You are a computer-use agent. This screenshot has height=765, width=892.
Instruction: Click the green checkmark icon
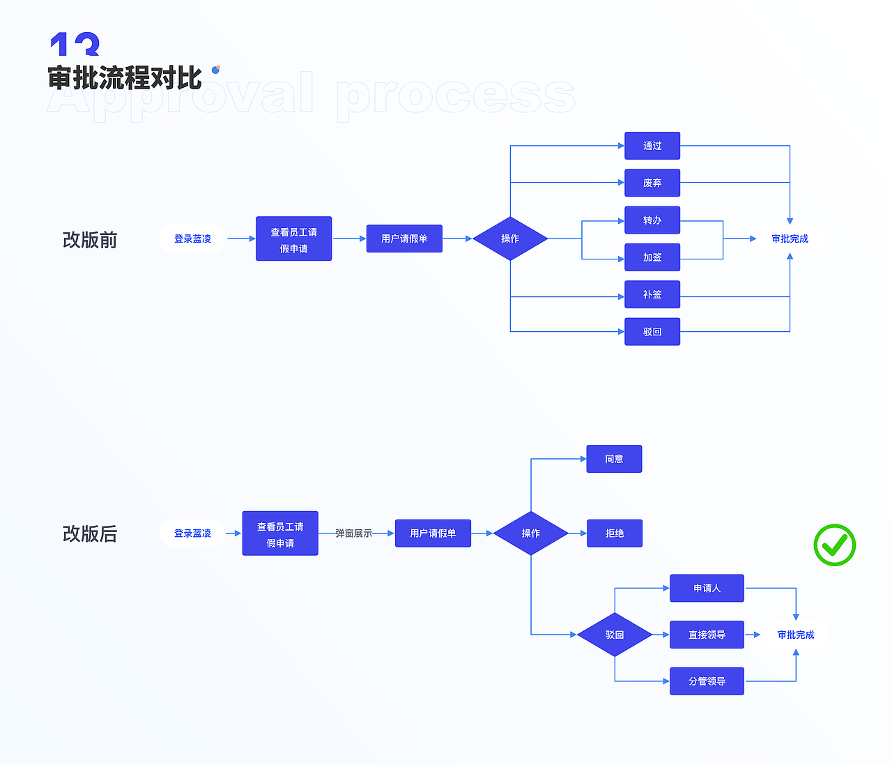click(x=834, y=545)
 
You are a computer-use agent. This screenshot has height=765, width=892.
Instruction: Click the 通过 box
click(x=652, y=146)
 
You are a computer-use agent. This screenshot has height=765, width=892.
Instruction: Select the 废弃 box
click(x=652, y=183)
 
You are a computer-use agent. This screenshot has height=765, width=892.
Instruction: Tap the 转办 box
click(x=652, y=220)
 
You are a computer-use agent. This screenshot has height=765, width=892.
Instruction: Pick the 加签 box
click(x=652, y=257)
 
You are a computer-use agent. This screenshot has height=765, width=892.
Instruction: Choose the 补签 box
click(x=652, y=294)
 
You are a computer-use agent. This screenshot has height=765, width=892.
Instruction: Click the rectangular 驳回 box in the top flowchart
click(x=652, y=332)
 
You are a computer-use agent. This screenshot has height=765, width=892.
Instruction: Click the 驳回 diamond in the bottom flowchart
click(x=614, y=635)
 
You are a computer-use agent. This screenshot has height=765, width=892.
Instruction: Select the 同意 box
click(x=614, y=459)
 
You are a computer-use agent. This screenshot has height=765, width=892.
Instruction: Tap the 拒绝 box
click(x=614, y=533)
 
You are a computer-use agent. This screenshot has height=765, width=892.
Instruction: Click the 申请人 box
click(x=707, y=588)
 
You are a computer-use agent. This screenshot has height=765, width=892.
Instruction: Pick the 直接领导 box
click(x=707, y=635)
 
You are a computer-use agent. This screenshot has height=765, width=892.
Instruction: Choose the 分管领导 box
click(x=707, y=681)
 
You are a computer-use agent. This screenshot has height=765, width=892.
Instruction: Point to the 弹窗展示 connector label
click(x=353, y=533)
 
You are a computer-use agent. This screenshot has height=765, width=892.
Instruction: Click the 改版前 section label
click(x=90, y=240)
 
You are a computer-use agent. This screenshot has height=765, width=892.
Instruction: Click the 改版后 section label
click(x=90, y=534)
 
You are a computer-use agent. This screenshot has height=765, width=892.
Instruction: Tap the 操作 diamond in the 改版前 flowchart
click(x=510, y=238)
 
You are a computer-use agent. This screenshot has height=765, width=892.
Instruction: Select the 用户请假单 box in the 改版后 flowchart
click(x=433, y=533)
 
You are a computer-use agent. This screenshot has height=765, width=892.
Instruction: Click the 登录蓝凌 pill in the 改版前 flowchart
click(x=192, y=238)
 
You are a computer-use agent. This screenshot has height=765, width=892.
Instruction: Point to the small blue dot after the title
click(x=216, y=69)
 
